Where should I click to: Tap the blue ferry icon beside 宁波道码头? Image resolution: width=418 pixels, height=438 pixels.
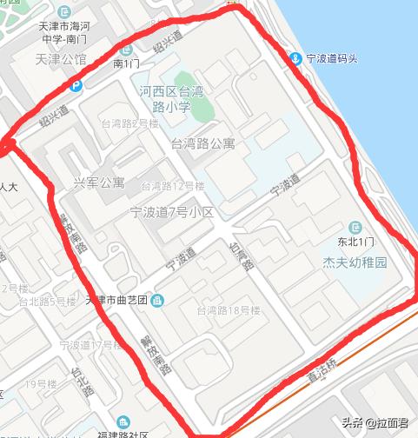[296, 59]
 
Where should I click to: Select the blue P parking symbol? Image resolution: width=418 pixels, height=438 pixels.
[76, 85]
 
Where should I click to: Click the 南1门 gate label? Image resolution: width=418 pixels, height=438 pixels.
[126, 63]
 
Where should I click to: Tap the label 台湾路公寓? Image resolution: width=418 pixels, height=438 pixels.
[203, 144]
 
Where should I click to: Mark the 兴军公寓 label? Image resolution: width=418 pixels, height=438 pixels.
[98, 183]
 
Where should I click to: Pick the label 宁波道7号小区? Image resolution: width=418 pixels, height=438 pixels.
[171, 212]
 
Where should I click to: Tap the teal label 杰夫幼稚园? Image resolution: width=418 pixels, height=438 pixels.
[355, 261]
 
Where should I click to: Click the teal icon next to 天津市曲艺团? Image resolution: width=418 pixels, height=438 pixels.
[156, 301]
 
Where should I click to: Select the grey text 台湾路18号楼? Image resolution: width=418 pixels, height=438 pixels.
[228, 310]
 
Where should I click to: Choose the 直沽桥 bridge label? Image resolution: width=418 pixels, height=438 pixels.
[322, 377]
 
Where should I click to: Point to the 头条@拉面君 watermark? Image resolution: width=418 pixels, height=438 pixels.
[375, 423]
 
